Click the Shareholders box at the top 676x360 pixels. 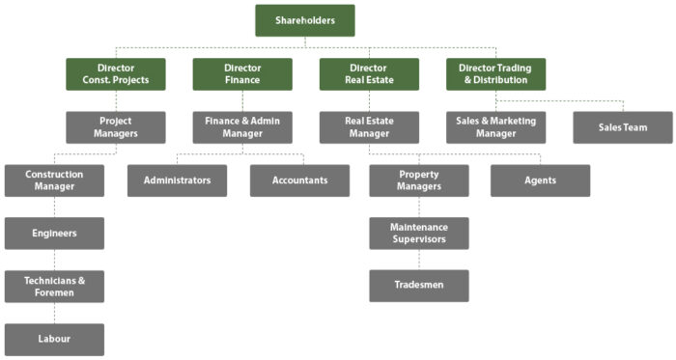(x=305, y=20)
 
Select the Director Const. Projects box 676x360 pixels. (x=116, y=74)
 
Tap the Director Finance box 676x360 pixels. (x=242, y=74)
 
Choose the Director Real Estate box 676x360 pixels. (x=369, y=74)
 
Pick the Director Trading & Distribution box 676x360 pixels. (x=495, y=74)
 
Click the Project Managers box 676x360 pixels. (x=116, y=127)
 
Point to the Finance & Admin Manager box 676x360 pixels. (x=242, y=127)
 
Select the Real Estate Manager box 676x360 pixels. (x=369, y=127)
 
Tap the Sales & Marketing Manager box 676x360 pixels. (x=495, y=127)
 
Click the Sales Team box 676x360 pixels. (x=623, y=127)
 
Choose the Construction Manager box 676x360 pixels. (x=54, y=180)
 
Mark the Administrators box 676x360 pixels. (x=178, y=180)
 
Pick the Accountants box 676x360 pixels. (x=299, y=180)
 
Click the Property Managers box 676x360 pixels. (x=419, y=180)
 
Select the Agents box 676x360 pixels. (x=540, y=180)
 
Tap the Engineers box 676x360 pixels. (x=54, y=234)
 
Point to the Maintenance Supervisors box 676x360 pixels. (x=419, y=234)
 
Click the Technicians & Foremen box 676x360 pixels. (x=54, y=287)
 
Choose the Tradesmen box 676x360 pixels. (x=419, y=287)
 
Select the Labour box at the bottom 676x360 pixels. (x=54, y=339)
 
